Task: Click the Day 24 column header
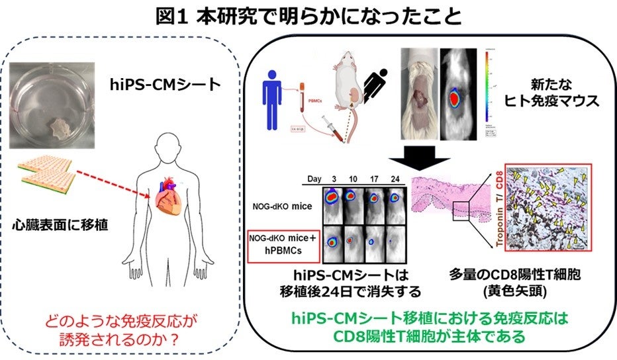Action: (396, 180)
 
